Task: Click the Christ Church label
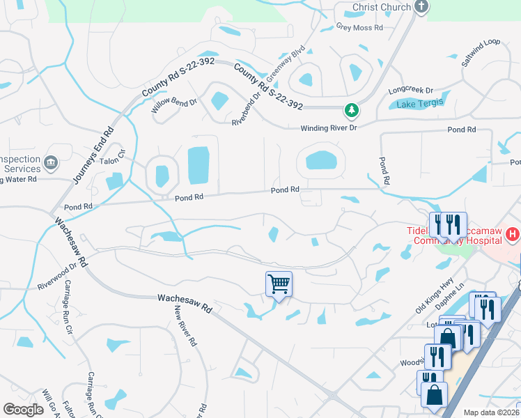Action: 381,7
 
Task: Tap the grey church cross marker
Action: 421,7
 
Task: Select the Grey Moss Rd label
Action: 360,28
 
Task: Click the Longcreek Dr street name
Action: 410,91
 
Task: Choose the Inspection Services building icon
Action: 50,164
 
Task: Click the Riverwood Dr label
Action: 57,277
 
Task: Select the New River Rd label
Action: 185,326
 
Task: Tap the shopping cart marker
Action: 279,284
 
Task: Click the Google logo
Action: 24,410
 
